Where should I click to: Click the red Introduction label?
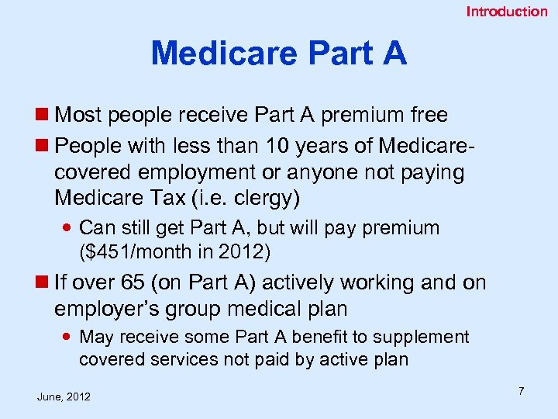[x=506, y=11]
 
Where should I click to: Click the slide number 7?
[x=521, y=391]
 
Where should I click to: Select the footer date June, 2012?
[x=64, y=397]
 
